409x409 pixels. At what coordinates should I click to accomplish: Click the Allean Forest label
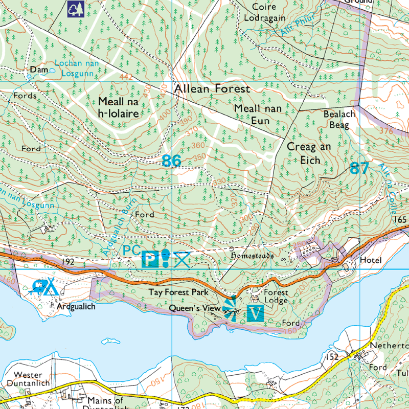tap(212, 89)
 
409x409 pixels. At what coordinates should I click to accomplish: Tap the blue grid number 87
tap(359, 168)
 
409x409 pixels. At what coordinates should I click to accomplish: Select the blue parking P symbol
tap(149, 260)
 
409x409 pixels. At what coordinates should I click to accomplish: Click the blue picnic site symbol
tap(183, 260)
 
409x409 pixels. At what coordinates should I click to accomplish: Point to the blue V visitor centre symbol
tap(255, 313)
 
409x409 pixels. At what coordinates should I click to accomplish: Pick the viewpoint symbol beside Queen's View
tap(230, 308)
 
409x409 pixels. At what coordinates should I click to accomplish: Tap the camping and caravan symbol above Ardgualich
tap(45, 287)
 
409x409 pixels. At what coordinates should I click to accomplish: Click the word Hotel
tap(371, 260)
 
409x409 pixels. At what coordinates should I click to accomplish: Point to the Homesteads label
tap(252, 255)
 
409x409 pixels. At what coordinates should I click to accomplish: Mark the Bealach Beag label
tap(339, 119)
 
